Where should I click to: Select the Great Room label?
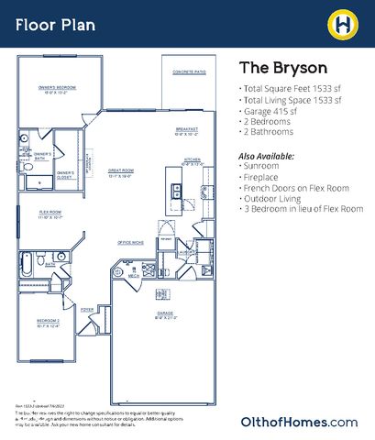pyautogui.click(x=122, y=172)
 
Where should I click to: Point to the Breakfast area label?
pyautogui.click(x=186, y=131)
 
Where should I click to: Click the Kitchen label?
pyautogui.click(x=192, y=160)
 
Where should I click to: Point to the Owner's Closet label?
pyautogui.click(x=65, y=174)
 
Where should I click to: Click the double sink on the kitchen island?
pyautogui.click(x=173, y=191)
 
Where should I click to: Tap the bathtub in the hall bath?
pyautogui.click(x=27, y=267)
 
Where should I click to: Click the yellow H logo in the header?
pyautogui.click(x=340, y=23)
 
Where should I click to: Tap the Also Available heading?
pyautogui.click(x=267, y=157)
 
